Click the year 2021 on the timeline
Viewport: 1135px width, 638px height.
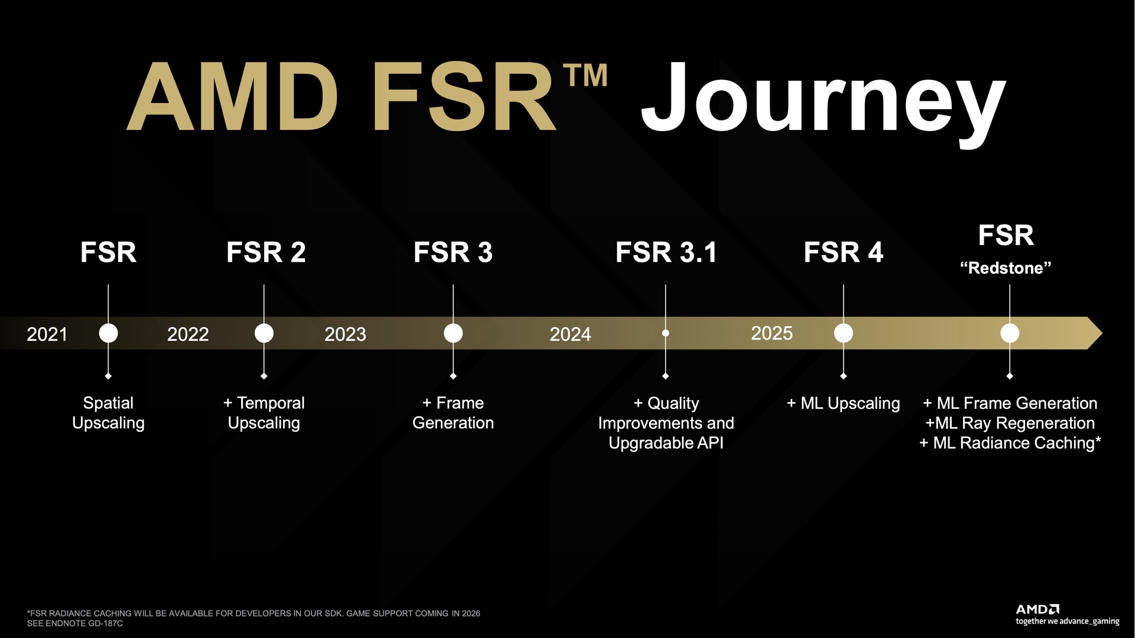pyautogui.click(x=47, y=334)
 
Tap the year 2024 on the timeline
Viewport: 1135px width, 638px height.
pyautogui.click(x=570, y=334)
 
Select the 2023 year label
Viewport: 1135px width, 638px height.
pyautogui.click(x=345, y=334)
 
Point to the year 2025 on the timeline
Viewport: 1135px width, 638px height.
pyautogui.click(x=771, y=333)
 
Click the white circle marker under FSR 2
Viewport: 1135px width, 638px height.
pyautogui.click(x=264, y=333)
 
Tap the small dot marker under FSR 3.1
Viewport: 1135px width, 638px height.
pyautogui.click(x=666, y=333)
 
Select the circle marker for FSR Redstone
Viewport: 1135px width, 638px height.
pyautogui.click(x=1010, y=333)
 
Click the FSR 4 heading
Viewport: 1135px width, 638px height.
pyautogui.click(x=844, y=252)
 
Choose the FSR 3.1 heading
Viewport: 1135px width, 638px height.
pyautogui.click(x=666, y=252)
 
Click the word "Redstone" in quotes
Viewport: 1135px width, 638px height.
pyautogui.click(x=1006, y=268)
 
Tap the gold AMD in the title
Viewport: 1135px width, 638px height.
pyautogui.click(x=232, y=96)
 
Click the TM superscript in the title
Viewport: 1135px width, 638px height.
pyautogui.click(x=585, y=75)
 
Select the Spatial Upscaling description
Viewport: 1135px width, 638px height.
pyautogui.click(x=108, y=413)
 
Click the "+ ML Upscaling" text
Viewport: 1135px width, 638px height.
pyautogui.click(x=844, y=403)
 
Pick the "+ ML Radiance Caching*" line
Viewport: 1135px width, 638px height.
pyautogui.click(x=1010, y=443)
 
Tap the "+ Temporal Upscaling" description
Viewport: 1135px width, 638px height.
pyautogui.click(x=264, y=413)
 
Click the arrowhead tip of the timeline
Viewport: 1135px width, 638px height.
pyautogui.click(x=1102, y=333)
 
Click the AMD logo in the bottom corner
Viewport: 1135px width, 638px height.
pyautogui.click(x=1037, y=609)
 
